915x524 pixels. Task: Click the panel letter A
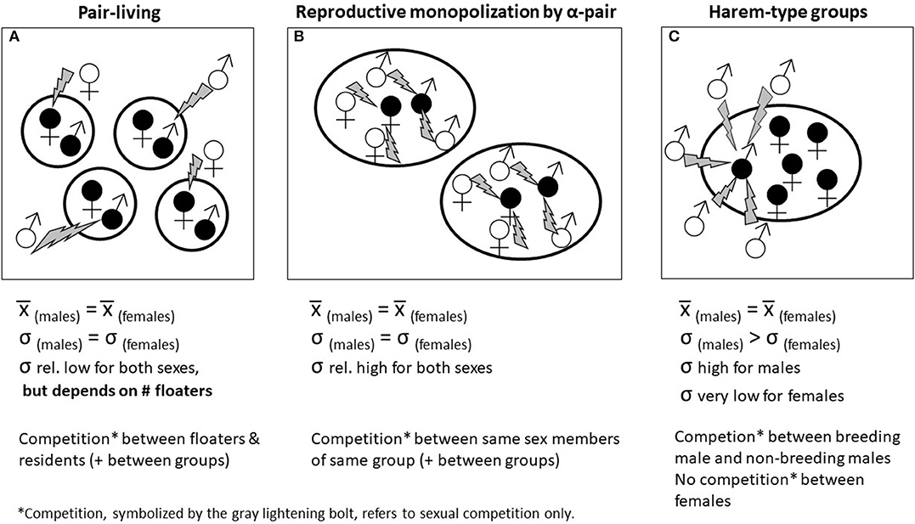click(13, 37)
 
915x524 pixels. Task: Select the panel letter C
click(670, 37)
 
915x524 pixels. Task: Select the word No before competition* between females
click(686, 480)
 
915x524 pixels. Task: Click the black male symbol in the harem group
click(742, 169)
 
